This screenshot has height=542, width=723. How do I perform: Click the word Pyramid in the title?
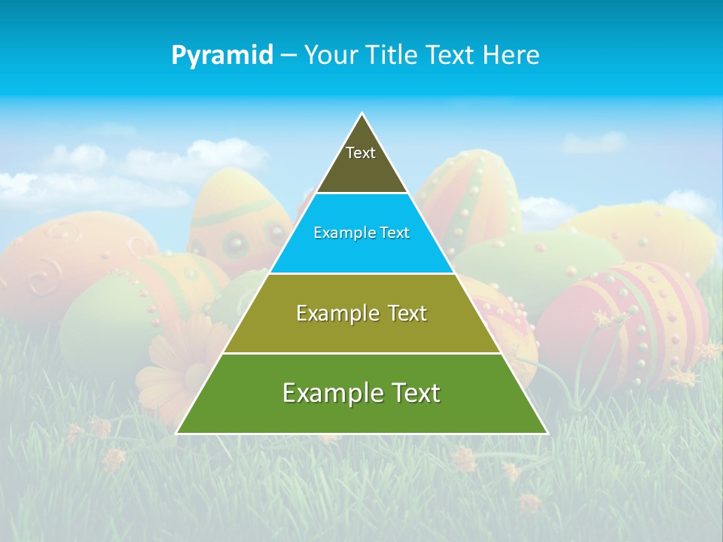tap(221, 56)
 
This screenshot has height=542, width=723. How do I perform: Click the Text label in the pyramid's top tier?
tap(361, 154)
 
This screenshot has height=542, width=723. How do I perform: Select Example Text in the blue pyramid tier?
tap(361, 233)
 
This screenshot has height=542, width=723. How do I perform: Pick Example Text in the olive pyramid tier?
tap(361, 313)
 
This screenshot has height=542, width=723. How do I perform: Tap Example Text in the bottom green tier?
tap(361, 393)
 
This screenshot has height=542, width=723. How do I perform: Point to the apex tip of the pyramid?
tap(362, 114)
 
